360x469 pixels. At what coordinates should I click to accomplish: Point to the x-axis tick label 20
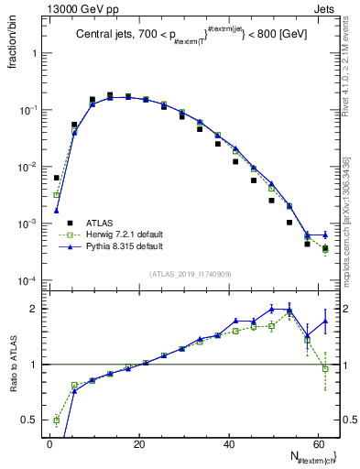click(x=138, y=442)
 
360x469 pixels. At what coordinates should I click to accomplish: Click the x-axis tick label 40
click(x=228, y=442)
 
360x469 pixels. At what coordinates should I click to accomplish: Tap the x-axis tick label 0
click(x=49, y=442)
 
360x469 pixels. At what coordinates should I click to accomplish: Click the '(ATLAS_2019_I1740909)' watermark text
click(x=191, y=273)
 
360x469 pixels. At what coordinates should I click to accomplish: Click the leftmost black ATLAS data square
click(x=57, y=178)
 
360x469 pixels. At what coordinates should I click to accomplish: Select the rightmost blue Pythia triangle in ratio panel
click(x=325, y=321)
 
